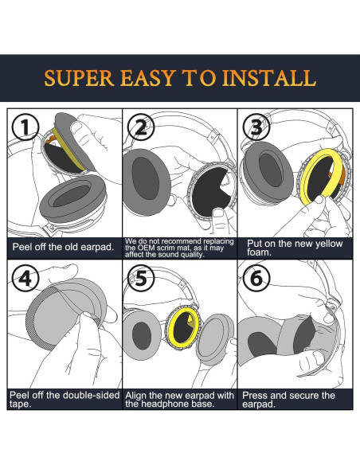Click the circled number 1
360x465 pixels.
pos(25,128)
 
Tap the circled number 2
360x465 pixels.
pos(141,128)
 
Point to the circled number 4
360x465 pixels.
pos(25,278)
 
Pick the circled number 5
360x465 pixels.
pos(141,278)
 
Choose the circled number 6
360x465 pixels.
pos(256,278)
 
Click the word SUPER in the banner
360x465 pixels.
pos(79,78)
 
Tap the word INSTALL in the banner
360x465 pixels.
pos(269,78)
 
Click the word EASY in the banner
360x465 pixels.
pos(147,78)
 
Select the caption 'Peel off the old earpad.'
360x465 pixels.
pos(63,247)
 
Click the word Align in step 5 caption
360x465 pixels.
pos(136,396)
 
